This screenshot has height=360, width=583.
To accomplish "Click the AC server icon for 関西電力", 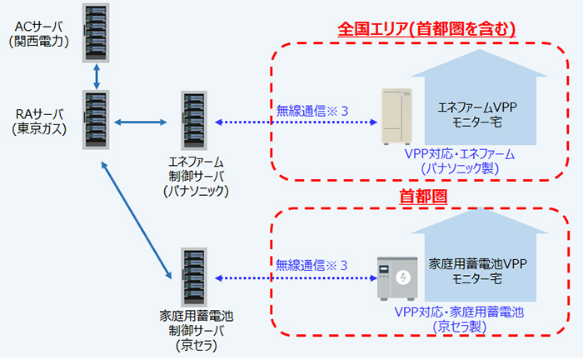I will [97, 33].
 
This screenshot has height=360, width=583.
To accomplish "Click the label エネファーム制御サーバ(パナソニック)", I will [197, 176].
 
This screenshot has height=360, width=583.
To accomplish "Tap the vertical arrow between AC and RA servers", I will [97, 77].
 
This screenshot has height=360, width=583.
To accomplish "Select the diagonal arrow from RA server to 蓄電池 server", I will [135, 219].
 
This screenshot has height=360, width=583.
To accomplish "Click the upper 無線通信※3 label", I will [311, 111].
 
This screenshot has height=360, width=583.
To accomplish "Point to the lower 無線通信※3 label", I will [311, 266].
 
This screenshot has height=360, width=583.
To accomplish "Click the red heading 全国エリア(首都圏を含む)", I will [427, 29].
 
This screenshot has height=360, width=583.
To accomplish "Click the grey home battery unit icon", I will [396, 277].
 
